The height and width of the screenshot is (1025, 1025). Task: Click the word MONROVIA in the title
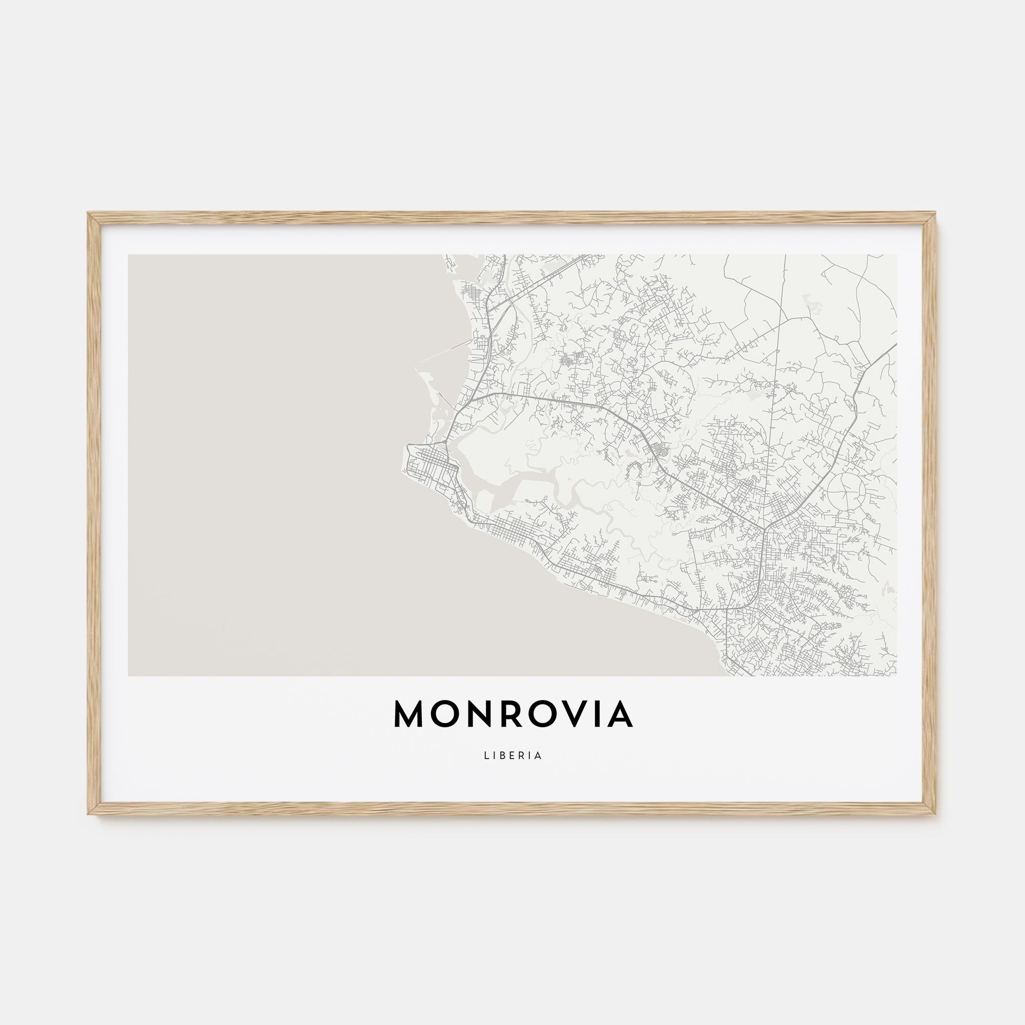pos(512,714)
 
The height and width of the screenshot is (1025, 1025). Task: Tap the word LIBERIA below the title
pos(512,756)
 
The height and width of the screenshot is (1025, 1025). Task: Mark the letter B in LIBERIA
pos(502,756)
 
